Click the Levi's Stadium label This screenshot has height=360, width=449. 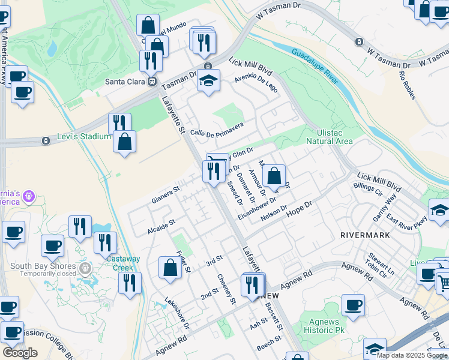84,136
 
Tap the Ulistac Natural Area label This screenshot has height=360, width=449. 330,137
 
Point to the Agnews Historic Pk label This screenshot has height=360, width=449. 324,326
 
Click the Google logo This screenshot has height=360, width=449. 20,353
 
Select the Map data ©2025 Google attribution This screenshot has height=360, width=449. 412,355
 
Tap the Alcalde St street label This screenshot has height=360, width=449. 161,226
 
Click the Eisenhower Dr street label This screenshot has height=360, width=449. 257,208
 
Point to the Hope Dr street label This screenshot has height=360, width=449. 300,209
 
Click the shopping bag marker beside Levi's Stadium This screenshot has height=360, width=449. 124,142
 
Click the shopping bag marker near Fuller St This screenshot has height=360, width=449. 170,268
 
